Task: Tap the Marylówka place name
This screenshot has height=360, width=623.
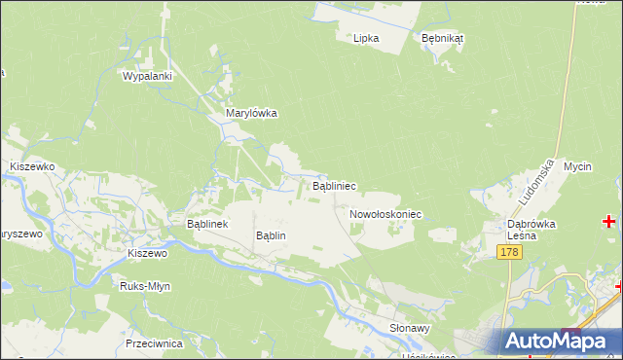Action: point(251,113)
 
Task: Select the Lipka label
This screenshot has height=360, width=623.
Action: point(366,38)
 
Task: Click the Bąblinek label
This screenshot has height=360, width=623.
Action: point(206,224)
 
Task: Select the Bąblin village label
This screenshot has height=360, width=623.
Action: point(271,235)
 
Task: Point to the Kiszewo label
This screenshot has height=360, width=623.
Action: point(148,253)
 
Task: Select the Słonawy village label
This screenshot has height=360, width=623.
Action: point(409,329)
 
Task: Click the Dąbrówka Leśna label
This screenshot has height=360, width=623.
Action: point(531,229)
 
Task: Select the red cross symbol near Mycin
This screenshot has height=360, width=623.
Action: point(609,222)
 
